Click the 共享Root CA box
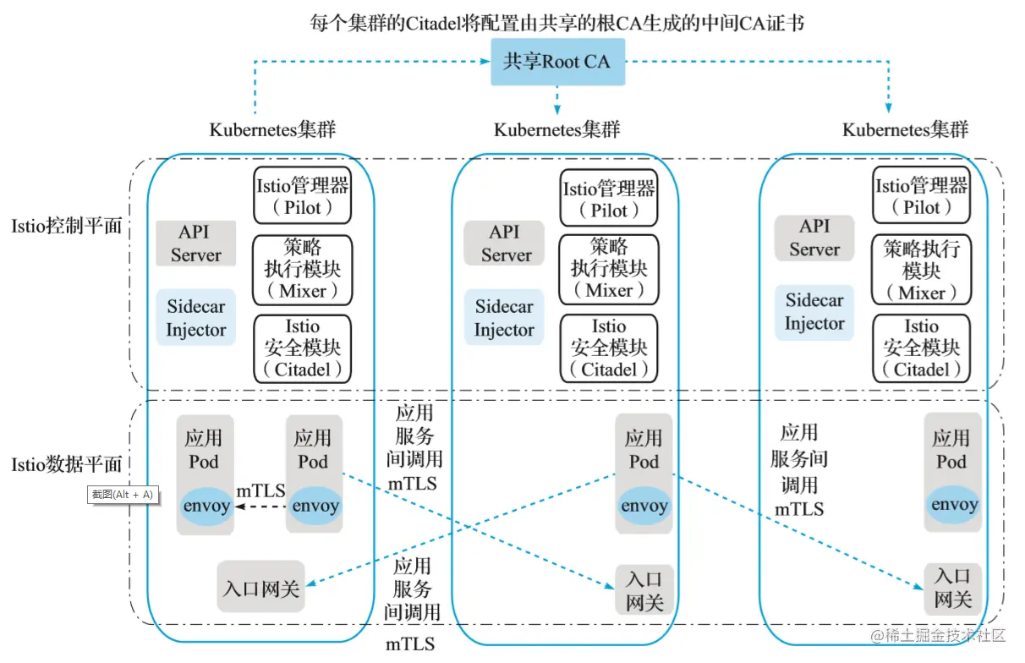point(558,62)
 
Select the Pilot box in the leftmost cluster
point(303,195)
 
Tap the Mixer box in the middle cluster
point(609,270)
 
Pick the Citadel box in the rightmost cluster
point(921,348)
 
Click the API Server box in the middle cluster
point(504,244)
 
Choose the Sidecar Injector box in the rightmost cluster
point(814,313)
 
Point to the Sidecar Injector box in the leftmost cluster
point(196,317)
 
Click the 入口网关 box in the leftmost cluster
point(260,587)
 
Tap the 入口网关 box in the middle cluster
point(644,589)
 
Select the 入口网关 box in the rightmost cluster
point(953,589)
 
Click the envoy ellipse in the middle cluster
point(644,506)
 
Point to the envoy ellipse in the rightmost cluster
point(954,504)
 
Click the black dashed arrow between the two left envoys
point(260,507)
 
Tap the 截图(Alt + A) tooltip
point(123,495)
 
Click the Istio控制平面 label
point(67,226)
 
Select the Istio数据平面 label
point(67,465)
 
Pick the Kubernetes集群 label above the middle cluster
point(556,130)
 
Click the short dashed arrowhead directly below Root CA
point(556,109)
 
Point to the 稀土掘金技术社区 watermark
point(938,636)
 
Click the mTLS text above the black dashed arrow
point(260,491)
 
